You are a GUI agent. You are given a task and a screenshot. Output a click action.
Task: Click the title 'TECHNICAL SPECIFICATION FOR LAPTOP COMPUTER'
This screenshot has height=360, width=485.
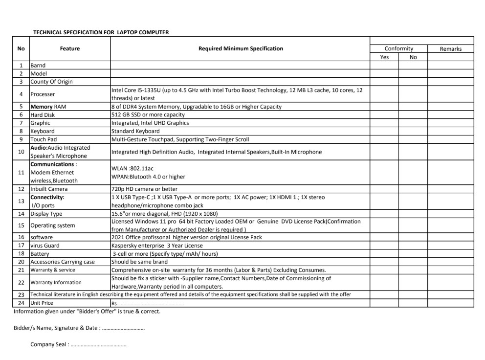[x=101, y=32]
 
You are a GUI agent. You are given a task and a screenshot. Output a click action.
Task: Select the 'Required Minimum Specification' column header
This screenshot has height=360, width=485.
[x=240, y=48]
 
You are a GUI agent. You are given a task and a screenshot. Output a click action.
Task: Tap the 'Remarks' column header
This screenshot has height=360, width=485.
[x=450, y=49]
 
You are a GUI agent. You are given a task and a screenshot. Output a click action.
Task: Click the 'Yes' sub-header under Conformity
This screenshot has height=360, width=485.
[x=384, y=57]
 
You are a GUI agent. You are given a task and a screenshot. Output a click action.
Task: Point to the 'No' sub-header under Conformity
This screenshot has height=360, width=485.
[x=413, y=57]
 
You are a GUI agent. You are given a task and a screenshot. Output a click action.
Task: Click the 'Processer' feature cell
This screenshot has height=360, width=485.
[x=43, y=94]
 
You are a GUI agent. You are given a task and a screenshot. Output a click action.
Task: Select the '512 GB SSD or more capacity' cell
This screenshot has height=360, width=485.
[x=148, y=114]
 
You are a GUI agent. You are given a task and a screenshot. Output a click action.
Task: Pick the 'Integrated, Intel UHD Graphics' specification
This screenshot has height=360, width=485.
[x=150, y=123]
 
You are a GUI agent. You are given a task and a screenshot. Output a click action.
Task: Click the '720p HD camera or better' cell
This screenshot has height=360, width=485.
[x=144, y=189]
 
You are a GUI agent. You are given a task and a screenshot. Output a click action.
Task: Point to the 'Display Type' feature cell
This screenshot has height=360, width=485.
[x=46, y=214]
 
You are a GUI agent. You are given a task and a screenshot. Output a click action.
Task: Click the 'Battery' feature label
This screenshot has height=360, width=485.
[x=40, y=254]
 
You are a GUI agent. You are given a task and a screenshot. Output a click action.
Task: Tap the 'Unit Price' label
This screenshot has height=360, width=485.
[x=42, y=303]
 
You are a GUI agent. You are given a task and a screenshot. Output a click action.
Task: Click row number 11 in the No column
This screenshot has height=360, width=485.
[x=21, y=172]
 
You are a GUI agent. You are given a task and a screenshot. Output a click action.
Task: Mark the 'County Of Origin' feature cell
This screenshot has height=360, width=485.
[x=51, y=82]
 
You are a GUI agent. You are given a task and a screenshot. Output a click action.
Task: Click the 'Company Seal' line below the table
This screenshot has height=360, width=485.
[x=78, y=344]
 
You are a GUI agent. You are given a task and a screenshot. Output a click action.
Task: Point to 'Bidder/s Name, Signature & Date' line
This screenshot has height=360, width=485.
[x=79, y=328]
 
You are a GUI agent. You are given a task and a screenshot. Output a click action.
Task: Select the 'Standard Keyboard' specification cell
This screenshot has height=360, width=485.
[x=135, y=131]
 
